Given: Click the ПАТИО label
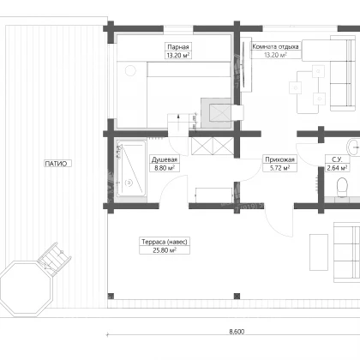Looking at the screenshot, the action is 57,164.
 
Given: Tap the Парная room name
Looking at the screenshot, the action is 178,47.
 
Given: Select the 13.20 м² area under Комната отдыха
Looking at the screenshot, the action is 275,55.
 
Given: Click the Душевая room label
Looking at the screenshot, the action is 165,159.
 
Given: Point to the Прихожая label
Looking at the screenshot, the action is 279,159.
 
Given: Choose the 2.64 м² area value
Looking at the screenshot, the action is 337,168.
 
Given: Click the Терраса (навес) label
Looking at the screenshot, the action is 165,242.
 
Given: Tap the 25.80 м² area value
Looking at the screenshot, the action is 165,250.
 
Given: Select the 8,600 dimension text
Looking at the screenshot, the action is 237,332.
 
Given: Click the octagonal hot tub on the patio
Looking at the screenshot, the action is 27,290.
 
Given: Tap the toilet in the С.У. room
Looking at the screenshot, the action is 342,188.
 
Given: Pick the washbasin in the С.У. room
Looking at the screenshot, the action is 353,147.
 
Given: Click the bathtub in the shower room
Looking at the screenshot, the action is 131,168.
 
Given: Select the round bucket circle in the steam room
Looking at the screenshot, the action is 131,70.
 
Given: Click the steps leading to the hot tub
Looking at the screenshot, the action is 55,259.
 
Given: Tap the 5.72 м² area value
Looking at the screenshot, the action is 279,168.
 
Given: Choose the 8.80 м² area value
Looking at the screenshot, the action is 165,168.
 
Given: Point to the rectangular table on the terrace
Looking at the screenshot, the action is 319,252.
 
